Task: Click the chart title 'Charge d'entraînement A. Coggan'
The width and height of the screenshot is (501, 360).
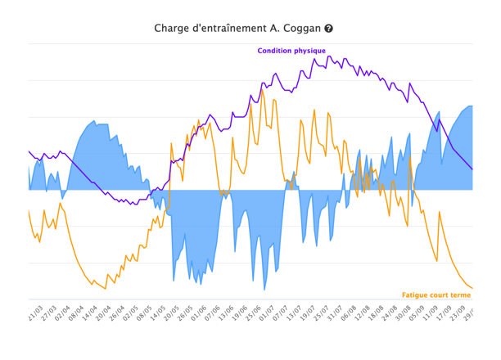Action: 237,28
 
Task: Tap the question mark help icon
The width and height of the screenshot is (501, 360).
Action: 329,29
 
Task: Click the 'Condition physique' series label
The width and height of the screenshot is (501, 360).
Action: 291,51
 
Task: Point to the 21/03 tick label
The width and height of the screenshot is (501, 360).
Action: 34,313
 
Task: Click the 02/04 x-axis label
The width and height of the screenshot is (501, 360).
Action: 62,313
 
